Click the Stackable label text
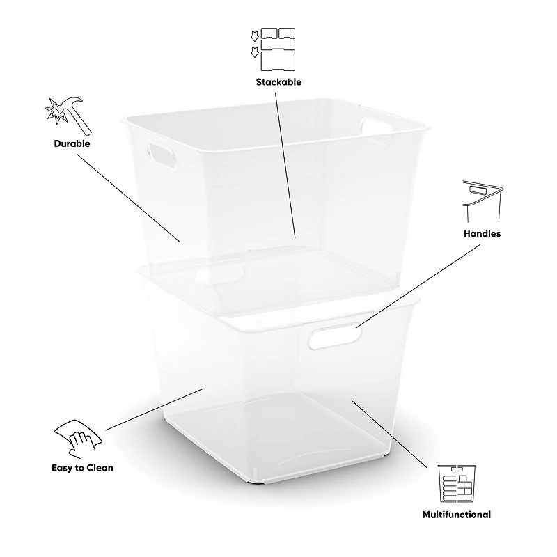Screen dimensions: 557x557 point(278,81)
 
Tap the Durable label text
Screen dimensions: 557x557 point(72,143)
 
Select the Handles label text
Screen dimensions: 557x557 point(482,233)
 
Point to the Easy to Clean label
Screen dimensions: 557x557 point(82,467)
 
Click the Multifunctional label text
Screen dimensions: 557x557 point(456,515)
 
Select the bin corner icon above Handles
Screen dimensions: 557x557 point(482,198)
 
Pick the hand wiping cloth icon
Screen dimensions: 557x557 point(78,437)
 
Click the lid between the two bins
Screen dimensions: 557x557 point(278,285)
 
